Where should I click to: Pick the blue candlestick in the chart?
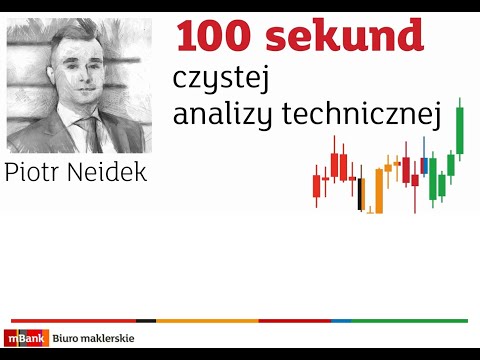[x=423, y=166]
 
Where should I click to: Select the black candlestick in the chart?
[x=361, y=193]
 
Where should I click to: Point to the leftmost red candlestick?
[x=317, y=186]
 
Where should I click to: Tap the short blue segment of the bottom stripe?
[x=341, y=321]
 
